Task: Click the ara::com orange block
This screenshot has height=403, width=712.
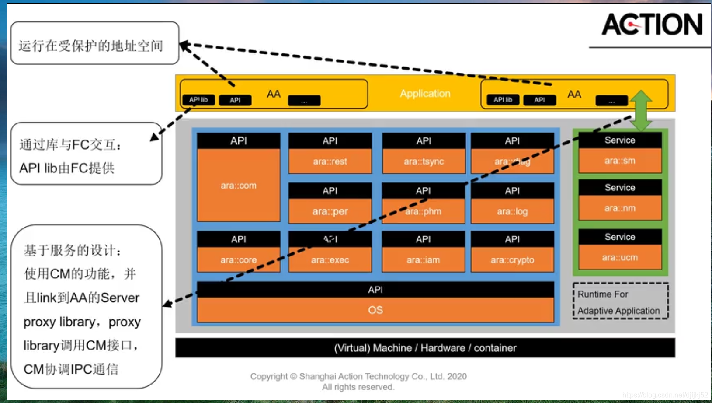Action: (238, 185)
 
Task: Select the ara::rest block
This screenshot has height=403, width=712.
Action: (330, 161)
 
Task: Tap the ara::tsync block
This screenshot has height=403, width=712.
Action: (424, 161)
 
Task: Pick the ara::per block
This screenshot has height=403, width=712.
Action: (330, 211)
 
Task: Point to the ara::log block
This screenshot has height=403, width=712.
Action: (512, 211)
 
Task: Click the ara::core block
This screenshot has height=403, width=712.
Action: (238, 260)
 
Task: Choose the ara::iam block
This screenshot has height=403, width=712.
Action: (423, 260)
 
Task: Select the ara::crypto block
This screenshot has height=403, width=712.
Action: (512, 260)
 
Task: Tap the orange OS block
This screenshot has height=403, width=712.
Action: (375, 310)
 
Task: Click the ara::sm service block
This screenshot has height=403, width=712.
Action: (620, 161)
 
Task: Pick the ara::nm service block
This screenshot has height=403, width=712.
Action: (620, 208)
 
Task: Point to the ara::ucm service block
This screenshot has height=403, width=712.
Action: (620, 258)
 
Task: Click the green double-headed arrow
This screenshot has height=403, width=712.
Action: (641, 110)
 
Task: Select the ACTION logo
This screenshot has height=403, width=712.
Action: (652, 25)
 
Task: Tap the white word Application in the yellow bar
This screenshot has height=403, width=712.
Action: (425, 94)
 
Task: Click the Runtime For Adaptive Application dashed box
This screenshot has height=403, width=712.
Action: (620, 302)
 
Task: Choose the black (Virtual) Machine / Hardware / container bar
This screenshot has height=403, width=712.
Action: (425, 348)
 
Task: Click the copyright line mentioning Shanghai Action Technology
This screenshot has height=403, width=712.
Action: (358, 376)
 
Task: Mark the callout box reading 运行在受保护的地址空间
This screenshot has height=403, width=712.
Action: (95, 43)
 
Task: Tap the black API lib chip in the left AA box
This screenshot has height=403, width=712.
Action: (198, 100)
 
